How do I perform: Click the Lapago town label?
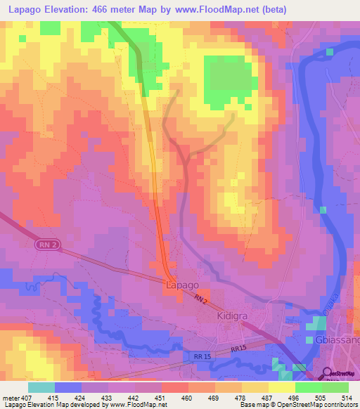181,286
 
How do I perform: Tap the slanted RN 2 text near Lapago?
202,300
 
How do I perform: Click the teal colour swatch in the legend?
41,387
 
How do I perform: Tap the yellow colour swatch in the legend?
281,387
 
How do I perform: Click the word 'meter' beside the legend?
11,398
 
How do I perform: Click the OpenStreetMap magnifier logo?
328,374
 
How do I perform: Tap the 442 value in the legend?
133,398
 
